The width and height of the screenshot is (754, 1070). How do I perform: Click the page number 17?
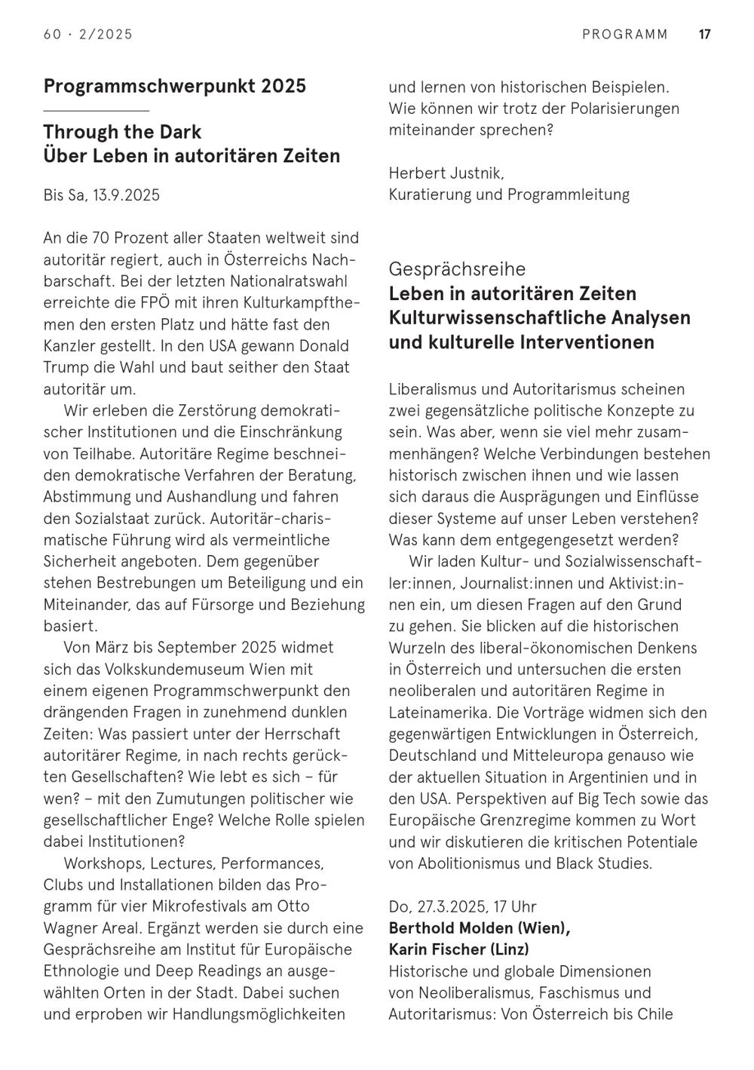704,34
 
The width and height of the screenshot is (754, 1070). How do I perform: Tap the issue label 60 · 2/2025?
88,34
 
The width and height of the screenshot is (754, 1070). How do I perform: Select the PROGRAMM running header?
625,34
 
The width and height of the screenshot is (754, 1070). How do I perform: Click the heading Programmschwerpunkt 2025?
175,86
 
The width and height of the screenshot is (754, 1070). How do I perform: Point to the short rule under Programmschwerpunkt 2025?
96,110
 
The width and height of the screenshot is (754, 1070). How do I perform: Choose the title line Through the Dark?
122,132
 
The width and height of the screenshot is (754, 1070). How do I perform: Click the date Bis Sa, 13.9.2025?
102,195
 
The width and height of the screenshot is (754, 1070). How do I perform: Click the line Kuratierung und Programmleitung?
509,195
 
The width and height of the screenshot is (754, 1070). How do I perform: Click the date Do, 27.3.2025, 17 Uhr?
463,906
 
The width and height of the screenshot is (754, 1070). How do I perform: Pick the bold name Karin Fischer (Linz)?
459,949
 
